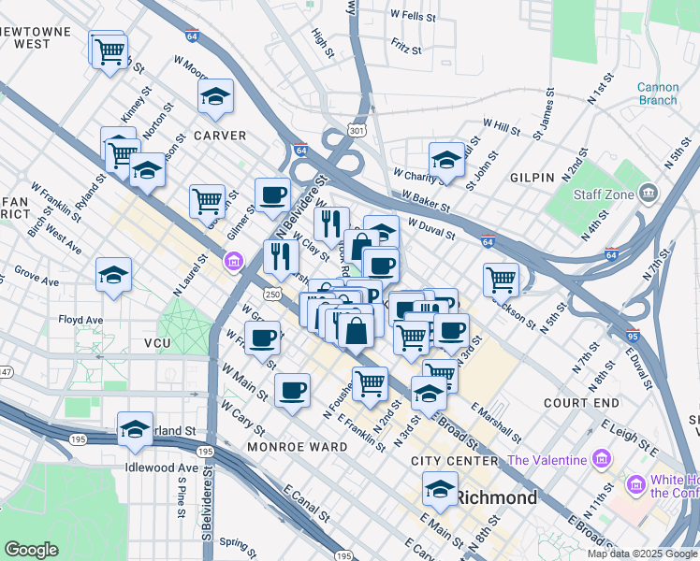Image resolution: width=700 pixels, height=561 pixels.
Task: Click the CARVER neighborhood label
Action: tap(219, 136)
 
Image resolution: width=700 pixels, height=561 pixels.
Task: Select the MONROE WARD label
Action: tap(298, 447)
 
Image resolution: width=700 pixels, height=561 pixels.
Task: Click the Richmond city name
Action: tap(497, 497)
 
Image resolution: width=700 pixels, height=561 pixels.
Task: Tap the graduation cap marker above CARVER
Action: tap(215, 96)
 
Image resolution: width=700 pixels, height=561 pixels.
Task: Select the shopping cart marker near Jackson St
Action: tap(502, 278)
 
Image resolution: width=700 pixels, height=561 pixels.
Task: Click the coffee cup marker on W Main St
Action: tap(292, 389)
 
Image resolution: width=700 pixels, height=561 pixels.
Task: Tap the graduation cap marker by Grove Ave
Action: tap(113, 274)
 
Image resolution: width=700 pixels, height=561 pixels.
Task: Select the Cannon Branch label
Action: tap(658, 93)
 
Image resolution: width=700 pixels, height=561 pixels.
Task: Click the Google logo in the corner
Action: tap(31, 550)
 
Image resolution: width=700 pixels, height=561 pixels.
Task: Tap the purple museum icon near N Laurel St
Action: tap(232, 259)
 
